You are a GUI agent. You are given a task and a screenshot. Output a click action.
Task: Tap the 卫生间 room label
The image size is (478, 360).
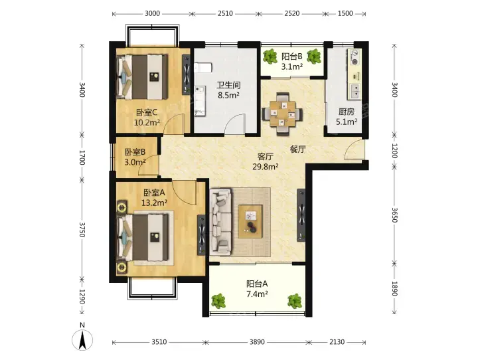point(228,85)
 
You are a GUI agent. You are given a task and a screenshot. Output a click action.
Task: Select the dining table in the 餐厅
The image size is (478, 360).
point(283,114)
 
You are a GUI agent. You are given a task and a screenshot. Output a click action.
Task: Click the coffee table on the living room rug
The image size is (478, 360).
point(250,221)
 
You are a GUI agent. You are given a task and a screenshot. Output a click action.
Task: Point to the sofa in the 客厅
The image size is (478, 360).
point(220,222)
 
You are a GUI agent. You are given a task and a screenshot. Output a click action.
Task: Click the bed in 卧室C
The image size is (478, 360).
point(143,77)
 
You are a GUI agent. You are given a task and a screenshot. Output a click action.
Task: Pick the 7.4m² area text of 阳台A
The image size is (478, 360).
point(257,294)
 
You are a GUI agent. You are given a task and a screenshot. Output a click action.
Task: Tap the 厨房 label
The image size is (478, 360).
point(347,112)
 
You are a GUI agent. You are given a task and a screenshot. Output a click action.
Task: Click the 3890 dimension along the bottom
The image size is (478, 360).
point(257,342)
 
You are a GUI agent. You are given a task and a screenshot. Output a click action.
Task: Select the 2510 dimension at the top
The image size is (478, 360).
point(225,13)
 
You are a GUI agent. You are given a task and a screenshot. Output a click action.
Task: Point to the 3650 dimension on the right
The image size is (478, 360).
point(394,215)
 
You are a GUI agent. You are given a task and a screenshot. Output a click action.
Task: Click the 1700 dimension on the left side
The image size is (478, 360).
point(82,157)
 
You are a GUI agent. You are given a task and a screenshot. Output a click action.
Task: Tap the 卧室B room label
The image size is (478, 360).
point(135,152)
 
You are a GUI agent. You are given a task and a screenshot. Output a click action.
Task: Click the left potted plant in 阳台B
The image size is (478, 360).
point(270,56)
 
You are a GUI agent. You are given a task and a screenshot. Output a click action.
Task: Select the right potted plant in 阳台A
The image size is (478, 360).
point(295,301)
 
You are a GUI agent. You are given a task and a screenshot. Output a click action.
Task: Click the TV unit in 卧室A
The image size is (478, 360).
point(201,234)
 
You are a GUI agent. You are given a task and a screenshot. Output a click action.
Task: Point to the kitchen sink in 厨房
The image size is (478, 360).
point(355,90)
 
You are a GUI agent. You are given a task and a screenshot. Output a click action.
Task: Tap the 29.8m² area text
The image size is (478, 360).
point(265,167)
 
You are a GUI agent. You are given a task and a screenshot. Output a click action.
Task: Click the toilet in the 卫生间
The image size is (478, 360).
point(202,68)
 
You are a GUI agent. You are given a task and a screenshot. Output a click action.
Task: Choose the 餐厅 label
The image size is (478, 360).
point(298,149)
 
